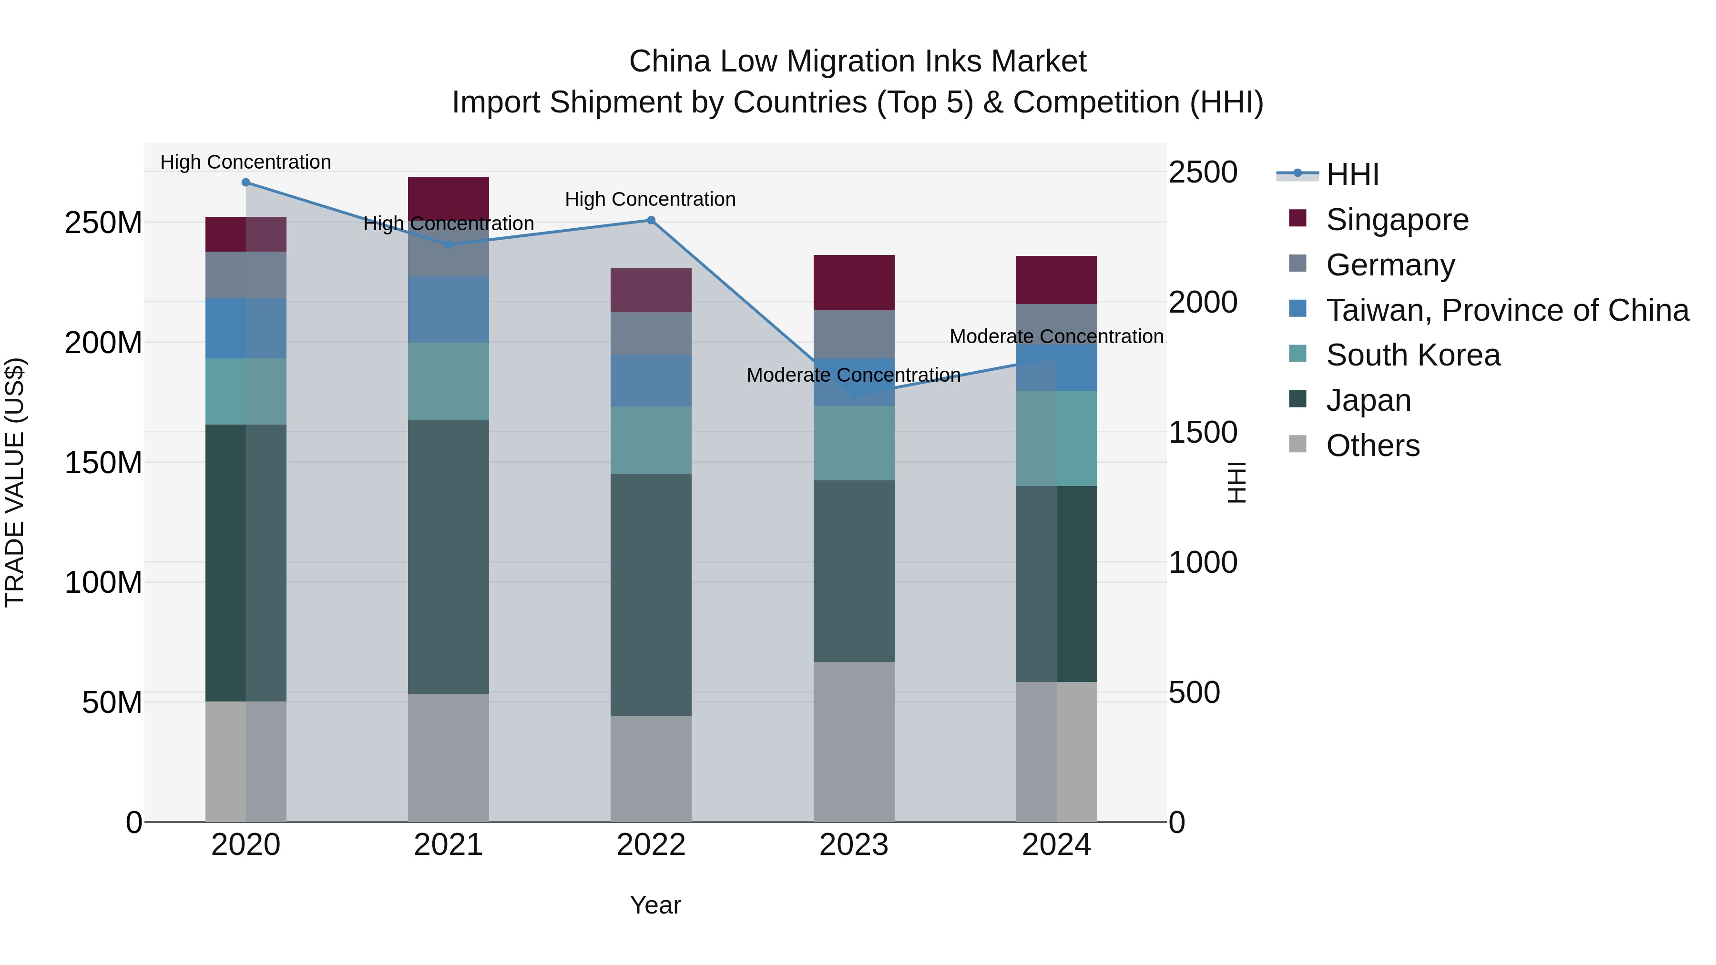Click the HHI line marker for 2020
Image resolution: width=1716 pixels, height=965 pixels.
click(246, 183)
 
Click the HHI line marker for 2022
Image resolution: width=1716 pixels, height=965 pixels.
click(652, 221)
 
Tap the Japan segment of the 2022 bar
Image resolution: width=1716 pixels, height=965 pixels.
click(652, 595)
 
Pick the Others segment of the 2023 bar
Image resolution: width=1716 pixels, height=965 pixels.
click(854, 741)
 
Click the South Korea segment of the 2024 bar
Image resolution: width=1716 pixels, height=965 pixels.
click(1056, 438)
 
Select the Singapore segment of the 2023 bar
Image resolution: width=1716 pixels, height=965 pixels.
click(854, 283)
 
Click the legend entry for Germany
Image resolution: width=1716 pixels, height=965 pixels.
click(1390, 265)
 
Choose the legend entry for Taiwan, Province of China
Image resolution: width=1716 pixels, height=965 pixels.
click(1507, 310)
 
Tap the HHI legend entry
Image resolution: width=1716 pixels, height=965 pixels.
click(1352, 174)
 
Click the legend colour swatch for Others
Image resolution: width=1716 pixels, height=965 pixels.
click(1297, 444)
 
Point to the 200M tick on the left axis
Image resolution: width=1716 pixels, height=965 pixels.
click(103, 343)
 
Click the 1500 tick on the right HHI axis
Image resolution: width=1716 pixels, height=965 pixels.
click(1203, 432)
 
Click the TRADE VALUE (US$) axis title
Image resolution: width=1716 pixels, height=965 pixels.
click(15, 482)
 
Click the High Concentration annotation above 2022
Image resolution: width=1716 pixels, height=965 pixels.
click(650, 199)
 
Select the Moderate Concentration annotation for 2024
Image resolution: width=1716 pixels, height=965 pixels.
click(1056, 336)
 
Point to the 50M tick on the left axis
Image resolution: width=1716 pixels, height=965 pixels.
click(112, 702)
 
